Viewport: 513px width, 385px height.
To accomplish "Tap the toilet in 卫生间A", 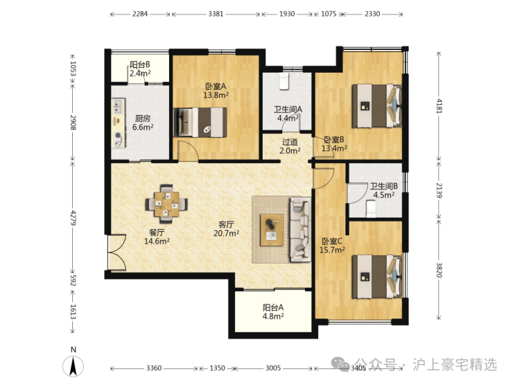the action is pyautogui.click(x=284, y=81).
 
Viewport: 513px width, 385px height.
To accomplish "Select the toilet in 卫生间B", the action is pyautogui.click(x=371, y=209).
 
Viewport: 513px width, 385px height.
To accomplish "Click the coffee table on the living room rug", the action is pyautogui.click(x=272, y=230).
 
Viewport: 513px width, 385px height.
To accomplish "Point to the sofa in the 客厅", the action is pyautogui.click(x=300, y=230).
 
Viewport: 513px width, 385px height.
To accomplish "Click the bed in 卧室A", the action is pyautogui.click(x=200, y=122).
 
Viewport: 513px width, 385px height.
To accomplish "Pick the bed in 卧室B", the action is pyautogui.click(x=376, y=105).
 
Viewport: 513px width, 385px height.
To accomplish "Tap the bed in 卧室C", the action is pyautogui.click(x=376, y=277).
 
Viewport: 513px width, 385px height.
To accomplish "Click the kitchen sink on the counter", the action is pyautogui.click(x=117, y=105).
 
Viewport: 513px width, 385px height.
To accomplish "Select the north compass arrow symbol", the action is pyautogui.click(x=73, y=366).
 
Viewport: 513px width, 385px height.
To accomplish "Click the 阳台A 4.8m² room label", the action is pyautogui.click(x=273, y=311).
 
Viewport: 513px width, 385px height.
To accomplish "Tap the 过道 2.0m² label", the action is pyautogui.click(x=290, y=146).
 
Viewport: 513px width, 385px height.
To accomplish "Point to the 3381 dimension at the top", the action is pyautogui.click(x=216, y=14).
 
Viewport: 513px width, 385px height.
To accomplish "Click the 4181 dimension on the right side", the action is pyautogui.click(x=439, y=105).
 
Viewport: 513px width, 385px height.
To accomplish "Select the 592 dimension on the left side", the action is pyautogui.click(x=73, y=280).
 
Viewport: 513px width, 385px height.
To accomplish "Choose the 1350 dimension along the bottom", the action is pyautogui.click(x=217, y=368).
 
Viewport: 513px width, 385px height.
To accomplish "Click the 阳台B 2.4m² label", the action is pyautogui.click(x=140, y=69).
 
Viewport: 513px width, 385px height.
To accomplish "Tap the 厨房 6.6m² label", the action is pyautogui.click(x=143, y=123).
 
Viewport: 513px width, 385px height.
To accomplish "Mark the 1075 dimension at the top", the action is pyautogui.click(x=329, y=14).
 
